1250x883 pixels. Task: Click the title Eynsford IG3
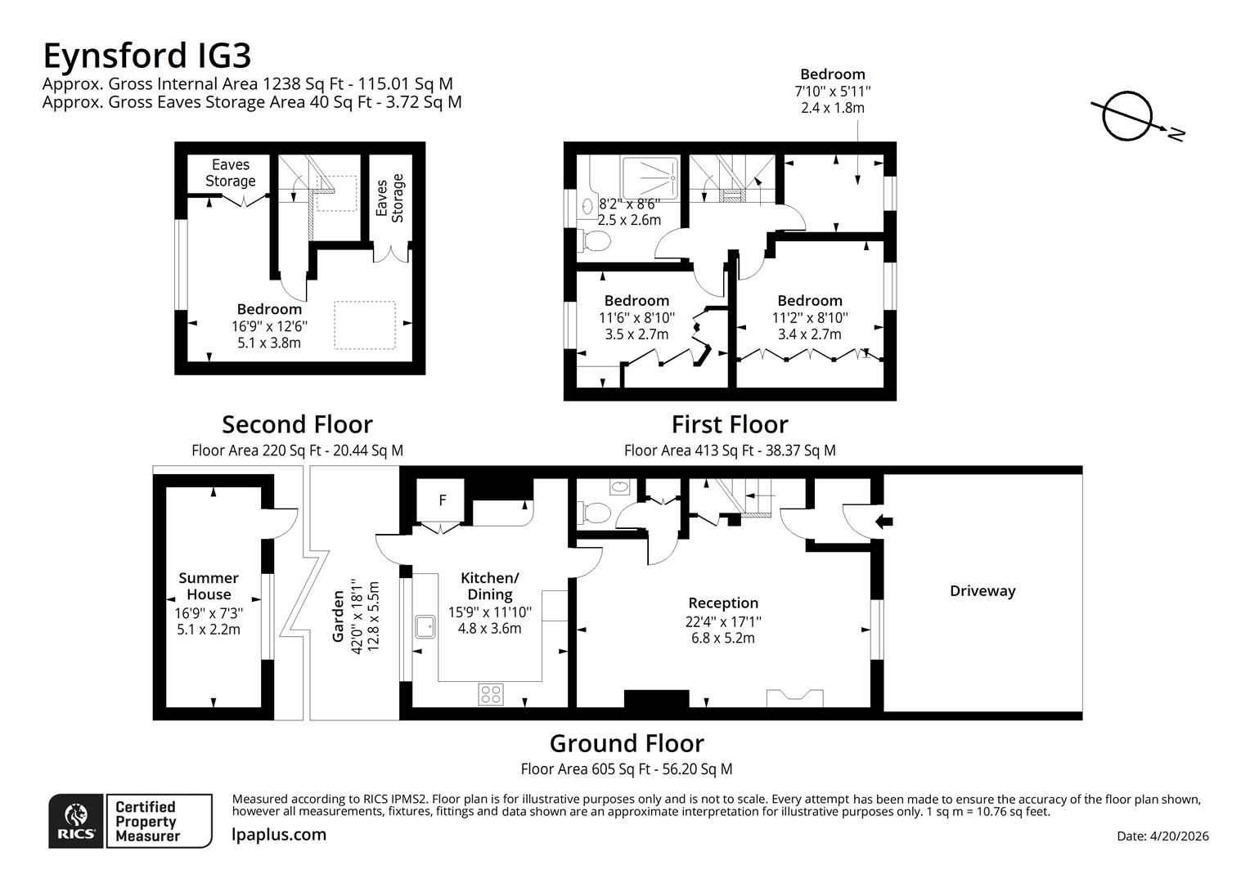point(146,56)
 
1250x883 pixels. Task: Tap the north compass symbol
point(1126,116)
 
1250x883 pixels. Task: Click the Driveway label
point(982,591)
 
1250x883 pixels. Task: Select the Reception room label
point(722,603)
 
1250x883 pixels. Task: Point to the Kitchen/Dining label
point(489,585)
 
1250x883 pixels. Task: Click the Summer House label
point(209,586)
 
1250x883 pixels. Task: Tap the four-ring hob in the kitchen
point(491,695)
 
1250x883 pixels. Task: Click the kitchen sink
point(425,626)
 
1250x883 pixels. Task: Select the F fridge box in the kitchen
point(443,500)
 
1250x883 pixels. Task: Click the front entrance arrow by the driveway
point(884,521)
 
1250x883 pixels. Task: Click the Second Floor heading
point(297,424)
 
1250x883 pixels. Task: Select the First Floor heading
point(729,424)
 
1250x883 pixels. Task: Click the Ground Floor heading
point(626,743)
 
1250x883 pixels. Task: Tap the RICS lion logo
point(76,820)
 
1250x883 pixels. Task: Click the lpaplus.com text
point(279,835)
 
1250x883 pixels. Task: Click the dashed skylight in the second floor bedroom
point(364,325)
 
